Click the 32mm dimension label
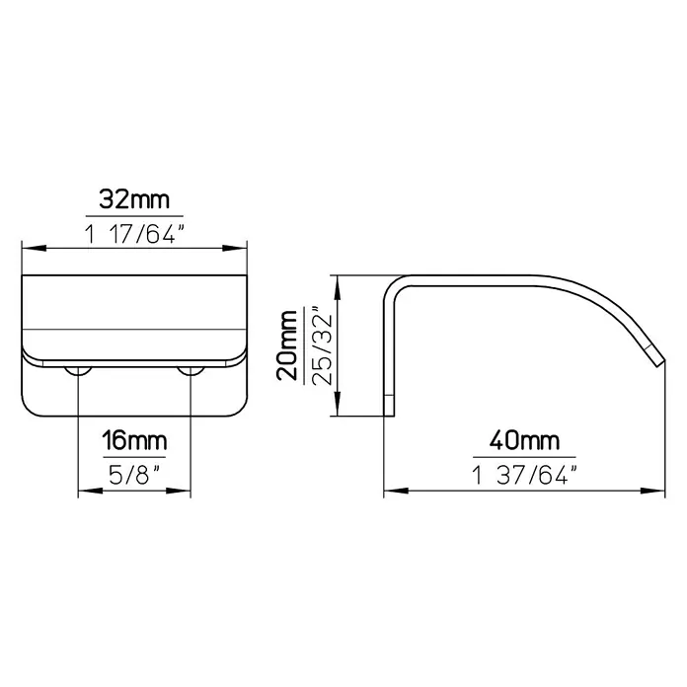(x=134, y=199)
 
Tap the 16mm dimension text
(x=134, y=440)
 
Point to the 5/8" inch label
(x=134, y=475)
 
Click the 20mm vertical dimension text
(x=287, y=345)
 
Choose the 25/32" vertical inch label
(x=324, y=345)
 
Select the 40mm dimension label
(x=524, y=440)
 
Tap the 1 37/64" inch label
(x=524, y=475)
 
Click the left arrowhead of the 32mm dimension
(x=34, y=248)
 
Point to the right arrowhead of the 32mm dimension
(x=235, y=248)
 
